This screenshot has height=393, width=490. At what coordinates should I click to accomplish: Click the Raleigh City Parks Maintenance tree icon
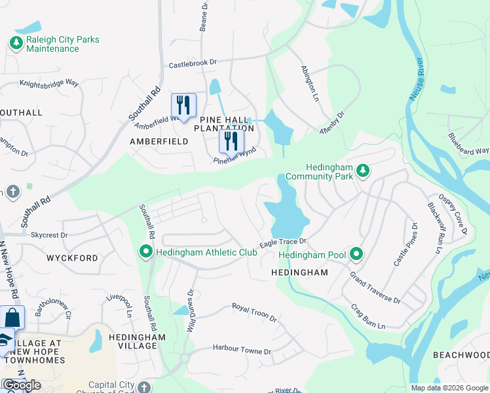(16, 43)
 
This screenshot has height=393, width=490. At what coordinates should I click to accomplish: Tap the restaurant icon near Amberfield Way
(183, 104)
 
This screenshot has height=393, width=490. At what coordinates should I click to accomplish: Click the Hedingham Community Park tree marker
(363, 172)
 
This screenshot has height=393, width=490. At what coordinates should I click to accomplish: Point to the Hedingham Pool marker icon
(356, 253)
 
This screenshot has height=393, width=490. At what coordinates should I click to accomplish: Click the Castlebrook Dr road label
(193, 63)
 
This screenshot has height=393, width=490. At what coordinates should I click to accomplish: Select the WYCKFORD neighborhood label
(72, 258)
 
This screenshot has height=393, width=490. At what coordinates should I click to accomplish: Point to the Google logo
(21, 385)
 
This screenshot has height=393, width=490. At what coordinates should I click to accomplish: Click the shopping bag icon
(12, 318)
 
